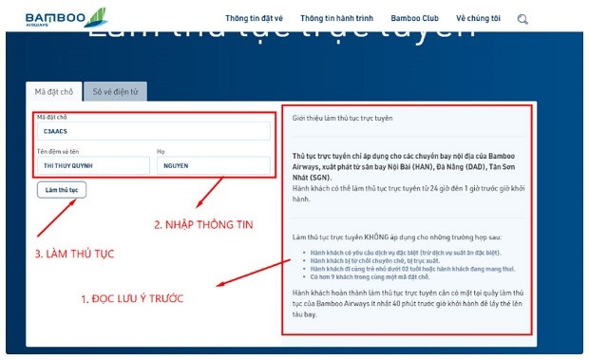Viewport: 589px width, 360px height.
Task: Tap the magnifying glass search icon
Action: (522, 18)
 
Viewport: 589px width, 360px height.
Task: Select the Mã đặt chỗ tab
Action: (53, 92)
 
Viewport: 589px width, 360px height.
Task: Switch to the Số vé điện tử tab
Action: (114, 92)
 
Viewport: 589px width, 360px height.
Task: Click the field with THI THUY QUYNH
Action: (92, 166)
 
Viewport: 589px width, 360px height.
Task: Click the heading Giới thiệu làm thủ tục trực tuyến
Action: (342, 118)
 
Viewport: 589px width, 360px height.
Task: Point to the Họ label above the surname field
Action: (161, 151)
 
